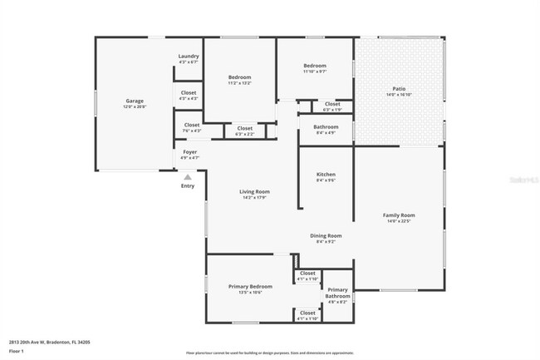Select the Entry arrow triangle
coord(188,176)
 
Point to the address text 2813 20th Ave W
coord(50,342)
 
